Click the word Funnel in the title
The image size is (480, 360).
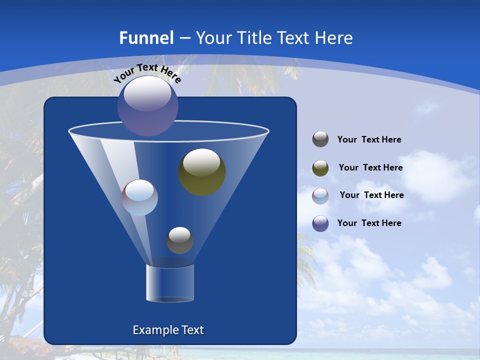pyautogui.click(x=146, y=38)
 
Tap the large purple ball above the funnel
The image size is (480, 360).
pyautogui.click(x=148, y=105)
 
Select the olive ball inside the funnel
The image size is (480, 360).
pyautogui.click(x=202, y=171)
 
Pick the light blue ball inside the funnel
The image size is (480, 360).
pyautogui.click(x=140, y=197)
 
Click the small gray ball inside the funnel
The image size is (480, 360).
pyautogui.click(x=179, y=240)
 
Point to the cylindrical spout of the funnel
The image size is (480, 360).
pyautogui.click(x=170, y=283)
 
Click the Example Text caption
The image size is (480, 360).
pyautogui.click(x=168, y=330)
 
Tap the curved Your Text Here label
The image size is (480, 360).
pyautogui.click(x=147, y=72)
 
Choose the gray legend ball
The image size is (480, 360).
pyautogui.click(x=320, y=139)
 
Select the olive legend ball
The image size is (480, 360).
pyautogui.click(x=320, y=168)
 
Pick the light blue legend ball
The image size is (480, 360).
pyautogui.click(x=320, y=195)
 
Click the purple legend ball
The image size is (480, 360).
pyautogui.click(x=320, y=223)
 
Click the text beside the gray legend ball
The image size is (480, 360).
pyautogui.click(x=369, y=140)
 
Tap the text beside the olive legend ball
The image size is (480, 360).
pyautogui.click(x=370, y=168)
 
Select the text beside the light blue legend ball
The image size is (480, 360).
pyautogui.click(x=371, y=195)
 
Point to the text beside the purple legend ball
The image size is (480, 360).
pyautogui.click(x=369, y=223)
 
